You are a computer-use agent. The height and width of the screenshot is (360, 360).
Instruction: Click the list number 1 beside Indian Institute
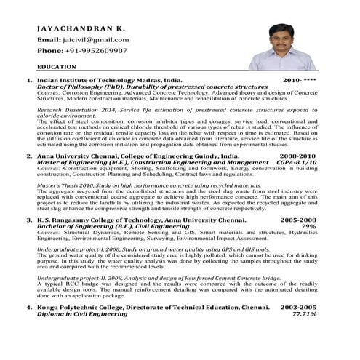coord(28,80)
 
